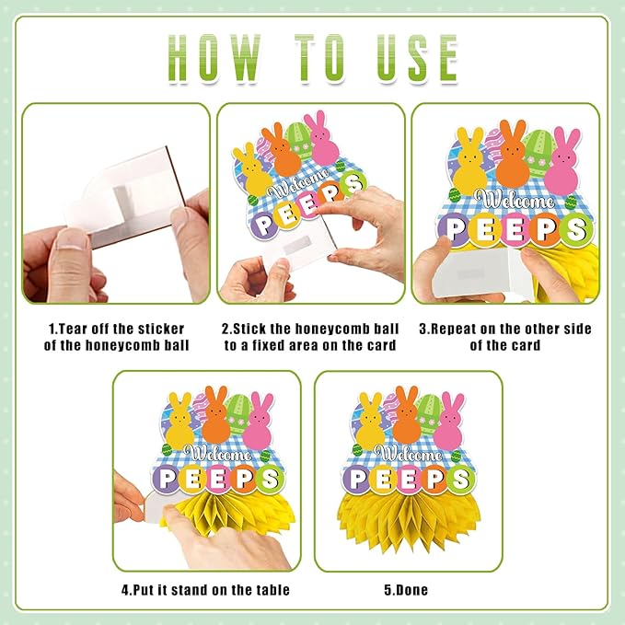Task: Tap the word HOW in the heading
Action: pos(214,59)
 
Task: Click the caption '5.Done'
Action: pos(406,590)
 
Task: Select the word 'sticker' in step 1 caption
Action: pos(161,330)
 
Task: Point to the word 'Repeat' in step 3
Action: pos(454,330)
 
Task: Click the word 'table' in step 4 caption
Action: pos(272,590)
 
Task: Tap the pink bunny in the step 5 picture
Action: pos(449,422)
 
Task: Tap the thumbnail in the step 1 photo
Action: pos(72,242)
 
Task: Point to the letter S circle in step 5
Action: pos(461,479)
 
